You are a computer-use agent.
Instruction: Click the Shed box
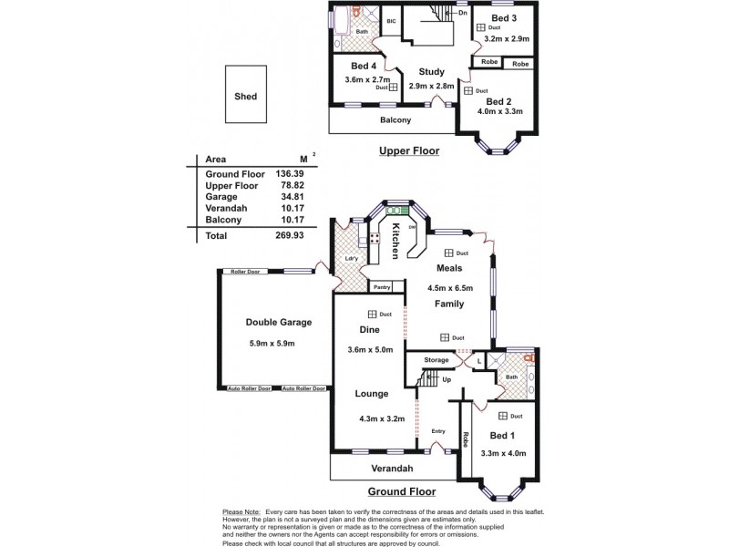(x=245, y=96)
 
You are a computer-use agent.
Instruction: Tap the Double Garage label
(x=279, y=323)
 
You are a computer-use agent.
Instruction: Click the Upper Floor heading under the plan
(x=409, y=150)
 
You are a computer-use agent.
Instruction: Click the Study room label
(x=431, y=72)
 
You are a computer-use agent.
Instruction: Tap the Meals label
(x=448, y=268)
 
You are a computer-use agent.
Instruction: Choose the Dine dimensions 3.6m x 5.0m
(x=370, y=349)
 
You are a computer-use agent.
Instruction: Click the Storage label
(x=436, y=361)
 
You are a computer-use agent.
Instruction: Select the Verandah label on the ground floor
(x=392, y=468)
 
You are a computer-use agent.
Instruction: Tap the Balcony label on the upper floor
(x=395, y=120)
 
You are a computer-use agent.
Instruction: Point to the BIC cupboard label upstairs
(x=391, y=20)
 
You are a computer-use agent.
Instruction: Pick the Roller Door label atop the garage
(x=244, y=272)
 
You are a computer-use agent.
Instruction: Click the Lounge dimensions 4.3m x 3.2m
(x=382, y=419)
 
